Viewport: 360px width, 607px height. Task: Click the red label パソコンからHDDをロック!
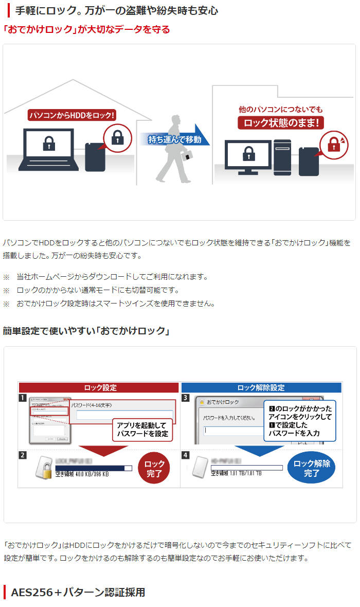click(71, 115)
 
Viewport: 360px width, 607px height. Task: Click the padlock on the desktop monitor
click(248, 153)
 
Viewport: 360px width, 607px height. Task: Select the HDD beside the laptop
click(96, 157)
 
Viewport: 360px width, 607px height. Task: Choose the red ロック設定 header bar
click(99, 387)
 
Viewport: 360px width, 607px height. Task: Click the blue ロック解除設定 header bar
click(261, 387)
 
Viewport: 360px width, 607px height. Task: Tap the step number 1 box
click(23, 398)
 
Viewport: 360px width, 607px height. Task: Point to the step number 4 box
click(186, 455)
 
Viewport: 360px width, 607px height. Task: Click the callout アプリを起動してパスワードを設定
click(142, 430)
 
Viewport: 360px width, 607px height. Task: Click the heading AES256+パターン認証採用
click(78, 592)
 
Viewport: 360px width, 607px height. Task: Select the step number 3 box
click(186, 398)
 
